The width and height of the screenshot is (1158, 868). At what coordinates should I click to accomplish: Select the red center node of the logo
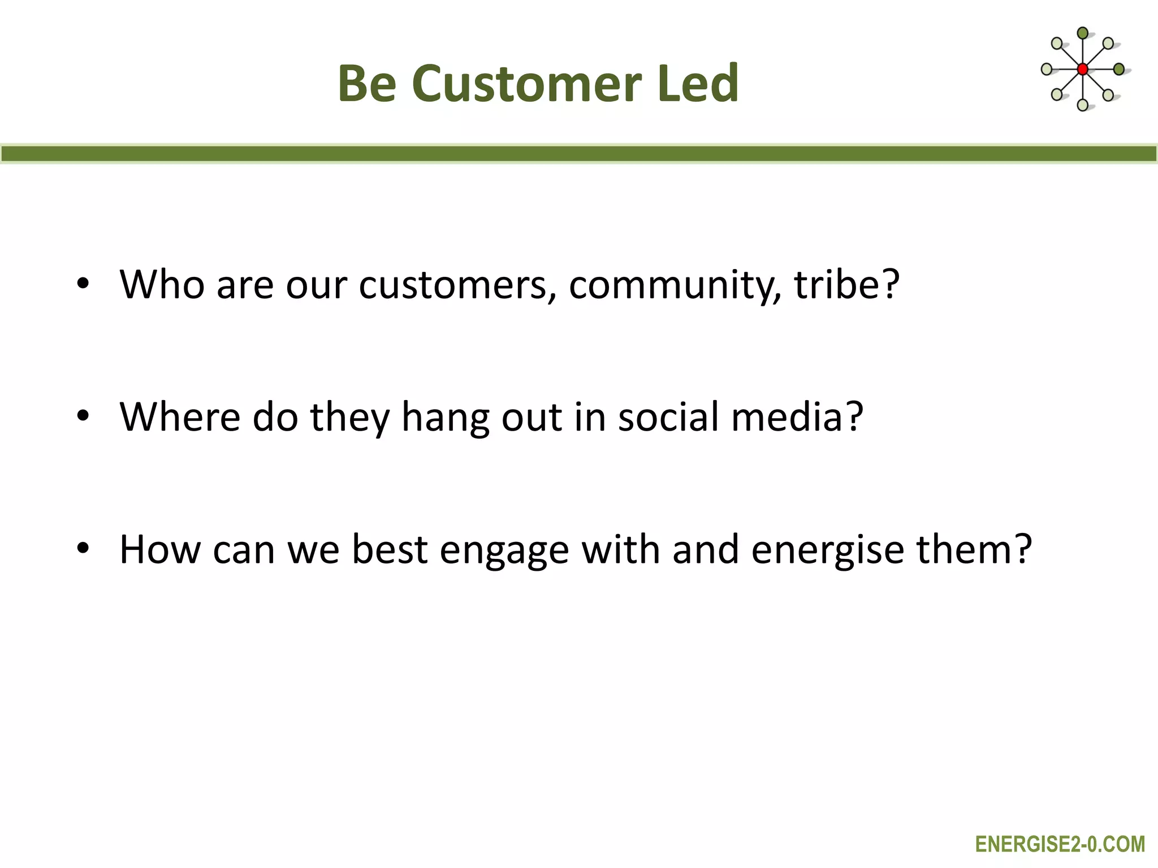1082,70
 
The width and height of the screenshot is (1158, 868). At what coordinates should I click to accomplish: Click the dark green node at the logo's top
1082,33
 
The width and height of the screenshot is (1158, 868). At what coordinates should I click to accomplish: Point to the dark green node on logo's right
1118,70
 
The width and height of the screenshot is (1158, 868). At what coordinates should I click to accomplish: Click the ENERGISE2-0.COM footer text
1060,844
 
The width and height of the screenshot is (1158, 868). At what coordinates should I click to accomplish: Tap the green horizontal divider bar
579,154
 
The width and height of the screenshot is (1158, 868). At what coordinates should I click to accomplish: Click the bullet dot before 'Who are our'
83,284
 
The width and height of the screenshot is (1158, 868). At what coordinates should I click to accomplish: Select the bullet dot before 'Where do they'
83,417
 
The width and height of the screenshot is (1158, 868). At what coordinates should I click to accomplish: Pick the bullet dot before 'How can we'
83,549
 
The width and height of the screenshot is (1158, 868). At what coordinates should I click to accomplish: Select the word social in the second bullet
668,417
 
